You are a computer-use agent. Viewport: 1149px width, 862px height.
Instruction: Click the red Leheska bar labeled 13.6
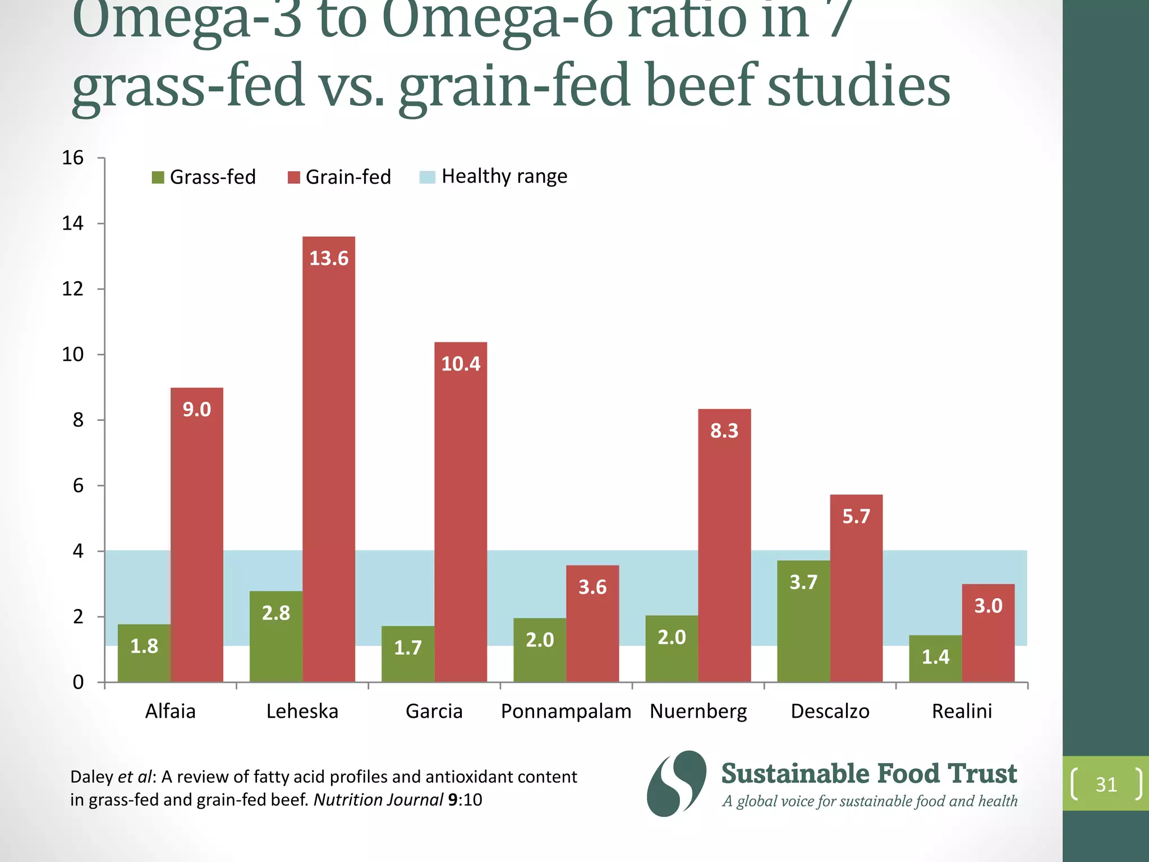[329, 460]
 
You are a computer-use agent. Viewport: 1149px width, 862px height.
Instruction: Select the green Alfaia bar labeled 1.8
[144, 653]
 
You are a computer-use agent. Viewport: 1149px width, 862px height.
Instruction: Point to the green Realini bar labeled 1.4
[935, 659]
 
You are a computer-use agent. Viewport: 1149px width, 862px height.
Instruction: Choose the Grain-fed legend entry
[339, 177]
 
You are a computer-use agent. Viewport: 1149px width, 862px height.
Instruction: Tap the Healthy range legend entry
[494, 177]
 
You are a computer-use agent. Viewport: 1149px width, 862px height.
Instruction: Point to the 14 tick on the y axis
[73, 223]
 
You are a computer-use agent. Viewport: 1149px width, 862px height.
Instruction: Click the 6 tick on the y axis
[78, 486]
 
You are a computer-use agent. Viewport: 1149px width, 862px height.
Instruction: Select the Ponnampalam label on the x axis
[566, 711]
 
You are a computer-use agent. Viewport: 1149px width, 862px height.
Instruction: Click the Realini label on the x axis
[962, 711]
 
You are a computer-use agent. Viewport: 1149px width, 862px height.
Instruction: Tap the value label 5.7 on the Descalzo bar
[856, 516]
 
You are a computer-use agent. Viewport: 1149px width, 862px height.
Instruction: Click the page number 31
[1106, 784]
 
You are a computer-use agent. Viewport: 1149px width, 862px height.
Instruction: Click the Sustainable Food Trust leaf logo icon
[677, 783]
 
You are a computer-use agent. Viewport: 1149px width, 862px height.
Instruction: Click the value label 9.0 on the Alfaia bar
[197, 410]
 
